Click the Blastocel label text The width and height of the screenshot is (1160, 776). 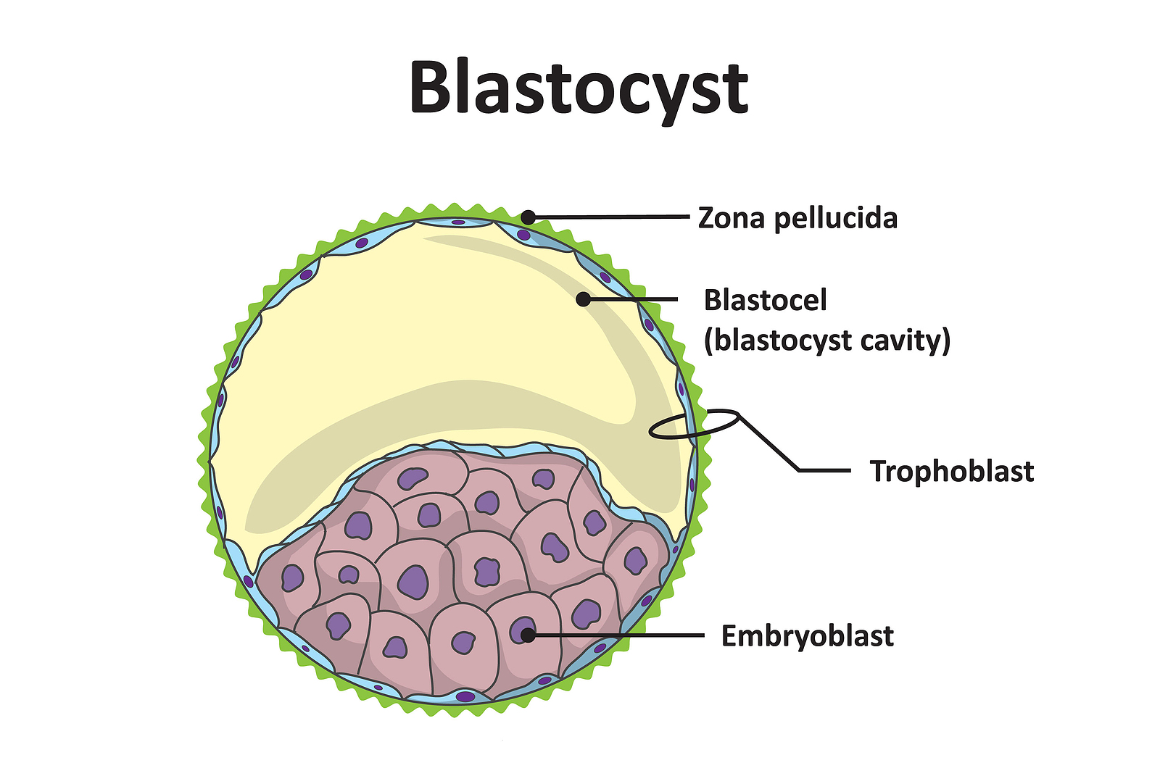pyautogui.click(x=765, y=300)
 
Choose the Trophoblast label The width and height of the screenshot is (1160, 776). pyautogui.click(x=952, y=471)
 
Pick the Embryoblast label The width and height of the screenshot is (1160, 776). pyautogui.click(x=807, y=636)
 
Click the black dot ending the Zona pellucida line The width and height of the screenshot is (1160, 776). pyautogui.click(x=529, y=217)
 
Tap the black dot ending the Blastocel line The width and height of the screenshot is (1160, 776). pyautogui.click(x=583, y=299)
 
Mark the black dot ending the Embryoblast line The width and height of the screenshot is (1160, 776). pyautogui.click(x=528, y=635)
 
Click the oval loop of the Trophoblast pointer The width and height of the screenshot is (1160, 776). pyautogui.click(x=694, y=424)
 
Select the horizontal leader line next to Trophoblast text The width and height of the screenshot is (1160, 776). pyautogui.click(x=824, y=470)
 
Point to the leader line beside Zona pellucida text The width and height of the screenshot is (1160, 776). pyautogui.click(x=616, y=216)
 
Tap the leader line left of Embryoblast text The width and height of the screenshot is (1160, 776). pyautogui.click(x=623, y=635)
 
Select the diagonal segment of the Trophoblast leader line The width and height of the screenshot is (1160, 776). pyautogui.click(x=768, y=443)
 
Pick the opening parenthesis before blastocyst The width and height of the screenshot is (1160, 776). pyautogui.click(x=708, y=340)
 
